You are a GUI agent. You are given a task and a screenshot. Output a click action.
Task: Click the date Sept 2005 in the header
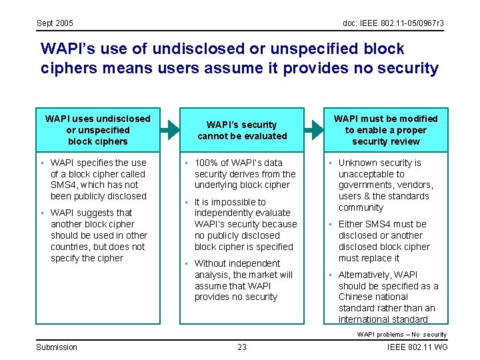point(55,23)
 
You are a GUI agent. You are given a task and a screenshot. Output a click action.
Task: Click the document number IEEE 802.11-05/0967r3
point(393,23)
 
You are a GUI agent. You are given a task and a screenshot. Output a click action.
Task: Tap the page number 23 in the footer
point(242,347)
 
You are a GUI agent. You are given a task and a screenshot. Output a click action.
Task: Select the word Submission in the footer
point(57,347)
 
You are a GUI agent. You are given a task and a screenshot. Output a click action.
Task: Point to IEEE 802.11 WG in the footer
point(417,347)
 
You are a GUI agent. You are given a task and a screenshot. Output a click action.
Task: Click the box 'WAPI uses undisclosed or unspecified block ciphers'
point(97,130)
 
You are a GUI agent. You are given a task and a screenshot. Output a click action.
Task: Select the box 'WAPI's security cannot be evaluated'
point(242,130)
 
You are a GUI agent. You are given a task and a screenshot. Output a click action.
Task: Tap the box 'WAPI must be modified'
point(386,130)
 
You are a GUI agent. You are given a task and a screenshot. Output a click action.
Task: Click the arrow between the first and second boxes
point(169,129)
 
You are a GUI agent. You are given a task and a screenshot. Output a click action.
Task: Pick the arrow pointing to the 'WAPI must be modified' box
point(313,129)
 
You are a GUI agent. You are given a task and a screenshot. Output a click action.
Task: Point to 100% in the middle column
point(205,163)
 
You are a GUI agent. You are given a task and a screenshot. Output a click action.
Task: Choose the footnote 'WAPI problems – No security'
point(402,334)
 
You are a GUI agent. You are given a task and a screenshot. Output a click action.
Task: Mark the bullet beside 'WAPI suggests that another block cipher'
point(41,213)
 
